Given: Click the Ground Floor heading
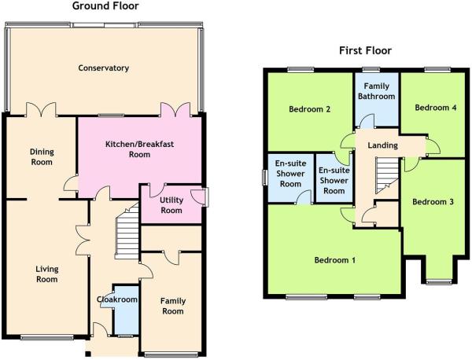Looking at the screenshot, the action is tap(105, 6).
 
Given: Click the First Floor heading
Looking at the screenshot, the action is tap(365, 50).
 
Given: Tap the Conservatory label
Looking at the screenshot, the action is tap(104, 68).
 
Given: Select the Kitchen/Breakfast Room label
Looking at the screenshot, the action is tap(139, 149).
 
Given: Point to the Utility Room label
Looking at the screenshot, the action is tap(171, 205).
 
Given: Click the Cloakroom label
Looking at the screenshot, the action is tap(117, 299).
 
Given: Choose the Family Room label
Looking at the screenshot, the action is tap(173, 306).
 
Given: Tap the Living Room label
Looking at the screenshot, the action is tap(47, 274).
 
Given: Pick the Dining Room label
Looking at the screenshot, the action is tap(42, 156).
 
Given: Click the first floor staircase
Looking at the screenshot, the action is tap(387, 175).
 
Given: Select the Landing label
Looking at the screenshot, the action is tap(382, 145).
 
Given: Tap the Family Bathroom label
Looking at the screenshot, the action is tap(377, 91).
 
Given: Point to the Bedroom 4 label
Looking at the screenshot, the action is tap(436, 108).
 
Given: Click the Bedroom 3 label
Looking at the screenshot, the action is tap(433, 202).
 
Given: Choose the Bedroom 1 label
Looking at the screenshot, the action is tap(335, 260).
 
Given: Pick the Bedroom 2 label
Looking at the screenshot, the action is tap(309, 109).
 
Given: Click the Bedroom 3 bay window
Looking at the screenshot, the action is tap(439, 282).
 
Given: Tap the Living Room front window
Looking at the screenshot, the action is tap(47, 337).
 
